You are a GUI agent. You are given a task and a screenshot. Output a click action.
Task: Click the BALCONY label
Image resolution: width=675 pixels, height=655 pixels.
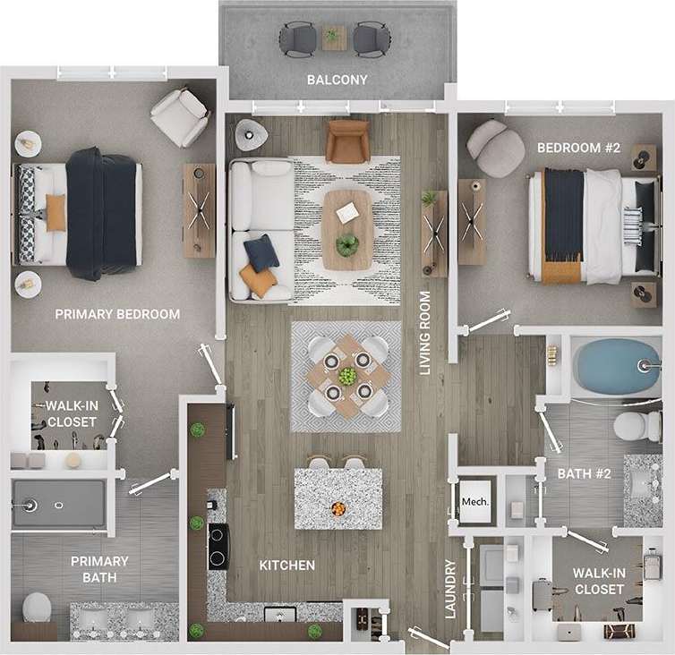point(337,80)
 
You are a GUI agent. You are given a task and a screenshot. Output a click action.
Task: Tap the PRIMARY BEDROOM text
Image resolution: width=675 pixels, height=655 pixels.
point(117,314)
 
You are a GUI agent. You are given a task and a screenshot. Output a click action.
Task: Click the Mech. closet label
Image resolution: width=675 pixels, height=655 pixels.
point(475,502)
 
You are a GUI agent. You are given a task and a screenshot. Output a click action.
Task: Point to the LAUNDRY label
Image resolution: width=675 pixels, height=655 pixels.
point(450,590)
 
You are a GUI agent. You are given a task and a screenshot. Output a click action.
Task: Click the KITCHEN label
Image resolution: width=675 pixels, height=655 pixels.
point(286,566)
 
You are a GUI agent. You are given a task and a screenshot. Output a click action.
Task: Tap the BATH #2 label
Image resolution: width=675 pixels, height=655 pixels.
point(584,473)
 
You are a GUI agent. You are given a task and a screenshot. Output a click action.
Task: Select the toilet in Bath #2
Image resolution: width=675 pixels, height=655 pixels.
point(638,425)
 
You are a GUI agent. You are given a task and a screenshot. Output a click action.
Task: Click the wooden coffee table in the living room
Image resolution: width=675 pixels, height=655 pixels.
point(347,229)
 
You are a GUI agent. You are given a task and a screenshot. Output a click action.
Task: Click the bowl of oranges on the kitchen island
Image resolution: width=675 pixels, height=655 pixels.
point(337,508)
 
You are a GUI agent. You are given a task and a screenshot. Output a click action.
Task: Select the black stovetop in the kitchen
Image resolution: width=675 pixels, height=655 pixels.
point(218,546)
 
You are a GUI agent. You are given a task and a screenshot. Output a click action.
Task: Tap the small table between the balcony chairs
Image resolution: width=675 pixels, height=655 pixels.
point(335,37)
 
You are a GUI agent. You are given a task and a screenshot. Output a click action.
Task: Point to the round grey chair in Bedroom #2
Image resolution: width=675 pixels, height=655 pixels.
point(495,147)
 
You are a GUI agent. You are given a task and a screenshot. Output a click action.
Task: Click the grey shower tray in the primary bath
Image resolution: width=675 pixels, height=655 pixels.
point(58,503)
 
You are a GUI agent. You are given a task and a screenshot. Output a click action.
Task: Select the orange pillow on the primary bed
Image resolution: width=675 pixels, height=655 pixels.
point(56,213)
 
